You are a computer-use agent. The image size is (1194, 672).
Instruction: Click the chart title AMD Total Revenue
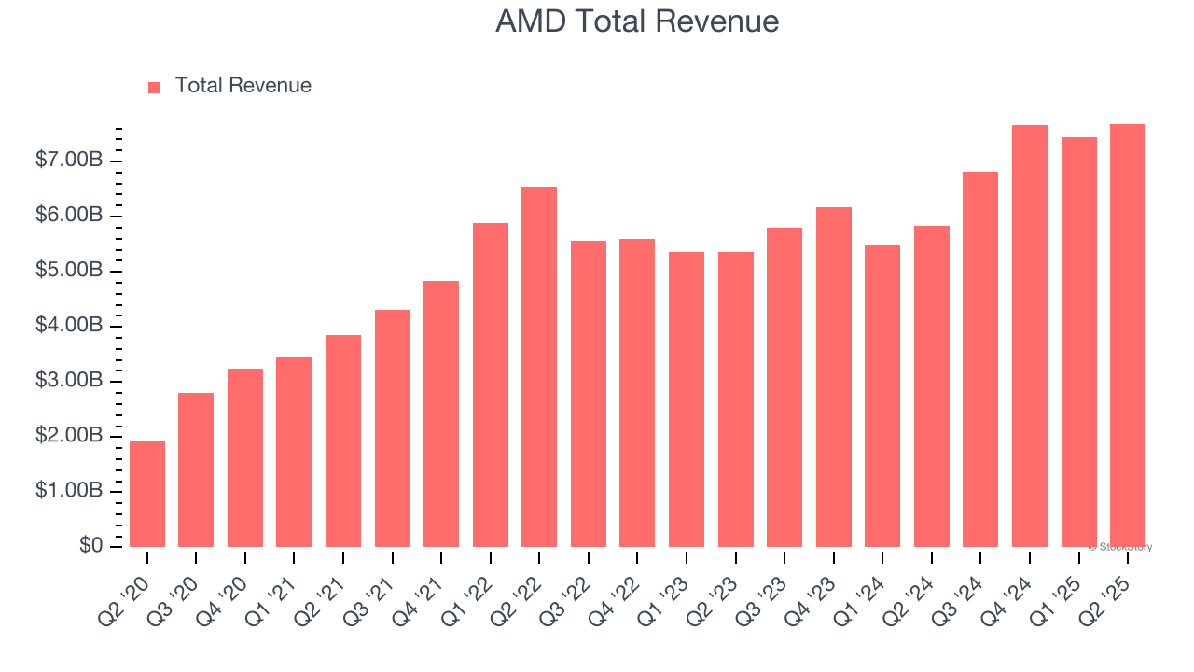click(637, 21)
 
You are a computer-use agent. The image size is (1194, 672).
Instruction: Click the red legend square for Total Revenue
click(155, 87)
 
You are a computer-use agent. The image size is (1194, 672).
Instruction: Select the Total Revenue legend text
click(243, 86)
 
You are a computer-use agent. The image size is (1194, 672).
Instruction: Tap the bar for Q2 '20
click(147, 494)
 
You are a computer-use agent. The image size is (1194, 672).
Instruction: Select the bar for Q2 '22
click(539, 367)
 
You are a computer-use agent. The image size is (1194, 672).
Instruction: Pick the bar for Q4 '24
click(1030, 336)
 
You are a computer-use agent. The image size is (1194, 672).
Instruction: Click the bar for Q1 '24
click(882, 396)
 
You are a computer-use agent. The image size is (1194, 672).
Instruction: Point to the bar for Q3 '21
click(392, 428)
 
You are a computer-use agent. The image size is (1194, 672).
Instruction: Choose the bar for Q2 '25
click(1128, 336)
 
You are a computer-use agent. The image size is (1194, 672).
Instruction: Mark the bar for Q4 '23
click(834, 377)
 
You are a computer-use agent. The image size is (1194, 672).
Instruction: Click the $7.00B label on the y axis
click(69, 161)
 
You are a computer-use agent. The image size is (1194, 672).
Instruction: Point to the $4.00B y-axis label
click(69, 326)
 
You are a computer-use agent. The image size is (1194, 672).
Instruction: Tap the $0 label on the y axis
click(90, 546)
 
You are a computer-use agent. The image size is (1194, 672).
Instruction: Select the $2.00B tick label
click(69, 436)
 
